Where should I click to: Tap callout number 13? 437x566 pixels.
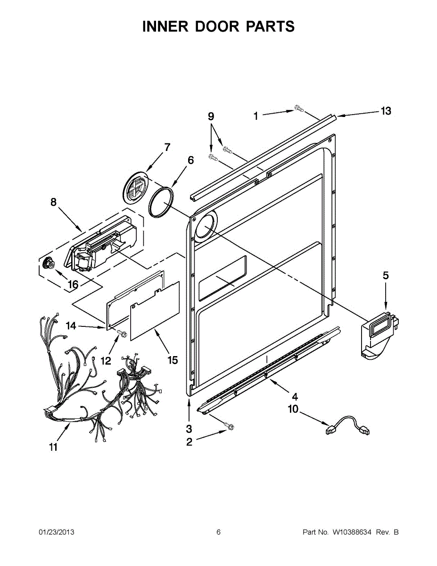click(386, 111)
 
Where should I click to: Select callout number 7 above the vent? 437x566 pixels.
click(167, 147)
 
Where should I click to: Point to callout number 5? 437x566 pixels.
click(386, 276)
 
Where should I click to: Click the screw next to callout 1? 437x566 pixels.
click(298, 109)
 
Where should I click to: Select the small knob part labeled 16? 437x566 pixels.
click(47, 262)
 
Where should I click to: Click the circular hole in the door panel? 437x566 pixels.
click(205, 226)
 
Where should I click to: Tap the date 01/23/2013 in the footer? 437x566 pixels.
click(56, 533)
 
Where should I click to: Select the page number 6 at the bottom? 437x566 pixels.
click(218, 533)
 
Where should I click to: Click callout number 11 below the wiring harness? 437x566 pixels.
click(53, 447)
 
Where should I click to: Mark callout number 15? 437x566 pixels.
click(173, 360)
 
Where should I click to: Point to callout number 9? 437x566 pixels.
click(211, 116)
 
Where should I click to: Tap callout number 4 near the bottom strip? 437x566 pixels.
click(295, 396)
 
